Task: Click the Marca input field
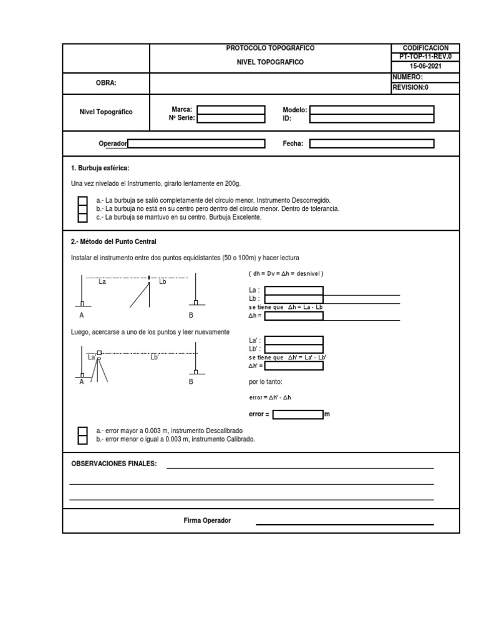pyautogui.click(x=230, y=109)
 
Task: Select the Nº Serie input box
pyautogui.click(x=230, y=117)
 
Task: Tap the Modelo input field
pyautogui.click(x=372, y=109)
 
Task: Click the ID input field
pyautogui.click(x=372, y=117)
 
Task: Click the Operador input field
pyautogui.click(x=196, y=144)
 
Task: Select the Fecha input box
pyautogui.click(x=372, y=144)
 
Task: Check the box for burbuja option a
pyautogui.click(x=82, y=200)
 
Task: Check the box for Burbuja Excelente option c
pyautogui.click(x=82, y=217)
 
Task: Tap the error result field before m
pyautogui.click(x=297, y=414)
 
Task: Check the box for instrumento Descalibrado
pyautogui.click(x=82, y=431)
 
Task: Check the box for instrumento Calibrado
pyautogui.click(x=82, y=439)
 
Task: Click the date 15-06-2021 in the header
pyautogui.click(x=425, y=65)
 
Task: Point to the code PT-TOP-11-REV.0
pyautogui.click(x=425, y=56)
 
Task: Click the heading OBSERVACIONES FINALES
pyautogui.click(x=114, y=464)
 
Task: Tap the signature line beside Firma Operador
pyautogui.click(x=345, y=524)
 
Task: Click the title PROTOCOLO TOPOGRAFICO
pyautogui.click(x=269, y=48)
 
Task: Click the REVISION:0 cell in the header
pyautogui.click(x=425, y=87)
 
